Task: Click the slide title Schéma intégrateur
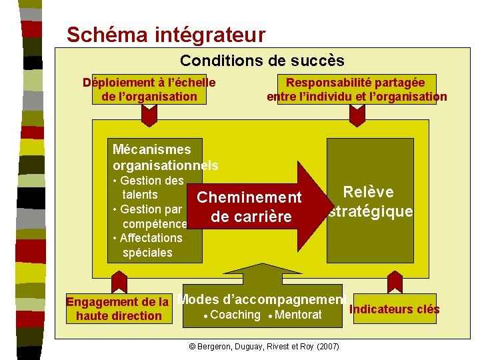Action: tap(166, 34)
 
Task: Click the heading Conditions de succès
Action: tap(262, 61)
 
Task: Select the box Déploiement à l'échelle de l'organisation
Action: tap(149, 89)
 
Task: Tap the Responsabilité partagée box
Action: tap(356, 89)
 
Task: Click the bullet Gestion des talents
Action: tap(148, 187)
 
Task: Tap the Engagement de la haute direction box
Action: tap(118, 309)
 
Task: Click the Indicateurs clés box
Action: tap(394, 309)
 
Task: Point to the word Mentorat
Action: tap(298, 315)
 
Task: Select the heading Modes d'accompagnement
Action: tap(262, 299)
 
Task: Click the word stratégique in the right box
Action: tap(371, 212)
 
